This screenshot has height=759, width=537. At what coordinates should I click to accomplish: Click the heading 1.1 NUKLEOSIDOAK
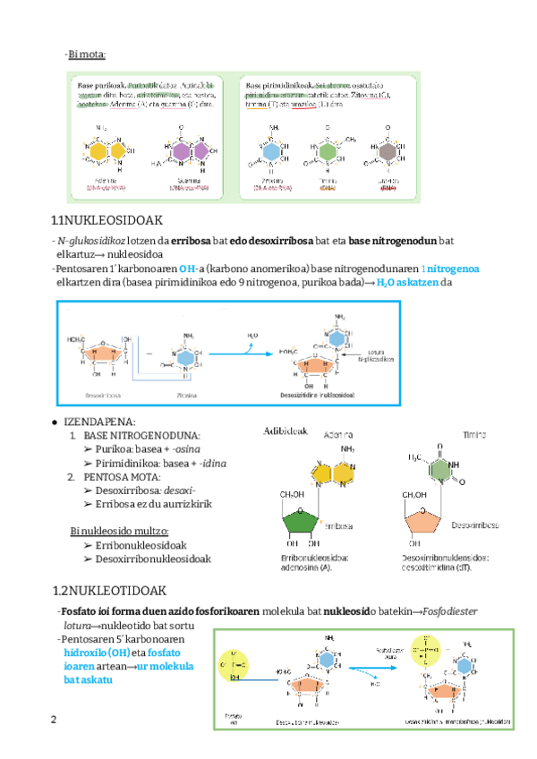coord(107,221)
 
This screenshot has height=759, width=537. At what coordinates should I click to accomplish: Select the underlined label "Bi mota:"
coord(87,55)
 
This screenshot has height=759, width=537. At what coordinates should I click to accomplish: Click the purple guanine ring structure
coord(183,153)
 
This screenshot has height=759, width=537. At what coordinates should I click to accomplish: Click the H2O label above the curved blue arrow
coord(253,335)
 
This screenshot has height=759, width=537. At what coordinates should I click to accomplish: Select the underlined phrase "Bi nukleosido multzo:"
coord(119,531)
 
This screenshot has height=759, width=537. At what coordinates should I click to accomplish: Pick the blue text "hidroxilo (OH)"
coord(92,653)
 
